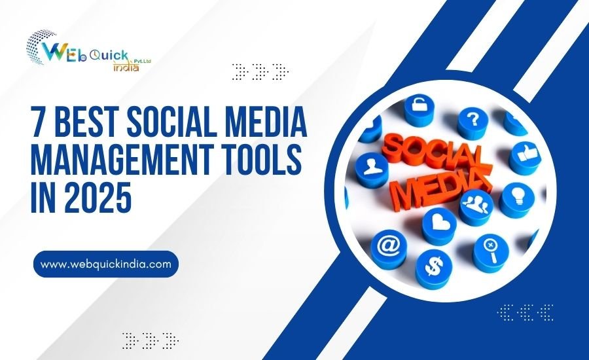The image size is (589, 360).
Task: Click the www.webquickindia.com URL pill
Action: click(x=105, y=264)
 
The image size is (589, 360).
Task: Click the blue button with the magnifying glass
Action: click(x=490, y=248)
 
